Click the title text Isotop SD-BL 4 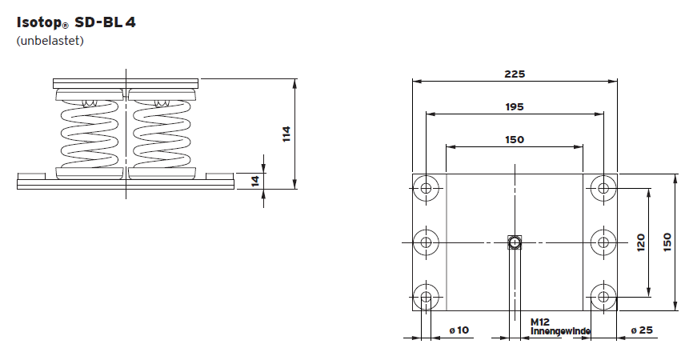coord(76,22)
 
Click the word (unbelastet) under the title coord(50,41)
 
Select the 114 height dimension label coord(286,134)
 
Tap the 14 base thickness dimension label coord(255,181)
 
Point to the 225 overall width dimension coord(515,74)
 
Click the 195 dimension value coord(515,106)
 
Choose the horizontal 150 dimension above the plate coord(515,139)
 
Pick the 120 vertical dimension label coord(640,242)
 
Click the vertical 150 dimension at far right coord(667,242)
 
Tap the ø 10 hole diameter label coord(459,330)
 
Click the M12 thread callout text coord(540,322)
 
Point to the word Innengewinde coord(560,330)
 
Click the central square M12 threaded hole coord(515,242)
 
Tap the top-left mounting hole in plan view coord(427,188)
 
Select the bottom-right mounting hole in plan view coord(602,298)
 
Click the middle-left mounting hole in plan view coord(427,242)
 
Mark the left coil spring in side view coord(90,133)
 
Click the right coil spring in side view coord(160,133)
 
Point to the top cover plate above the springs coord(125,82)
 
